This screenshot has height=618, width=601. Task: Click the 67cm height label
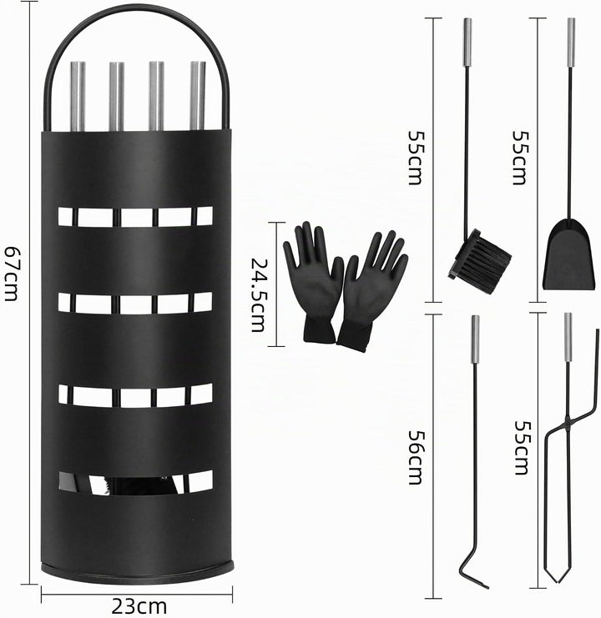coord(11,273)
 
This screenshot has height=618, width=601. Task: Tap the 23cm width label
coord(139,605)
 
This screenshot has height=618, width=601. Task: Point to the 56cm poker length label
coord(416,457)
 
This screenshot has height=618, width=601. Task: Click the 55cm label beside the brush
coord(416,158)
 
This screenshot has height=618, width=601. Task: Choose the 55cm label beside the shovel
coord(520,158)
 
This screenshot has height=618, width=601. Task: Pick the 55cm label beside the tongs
coord(522,448)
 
